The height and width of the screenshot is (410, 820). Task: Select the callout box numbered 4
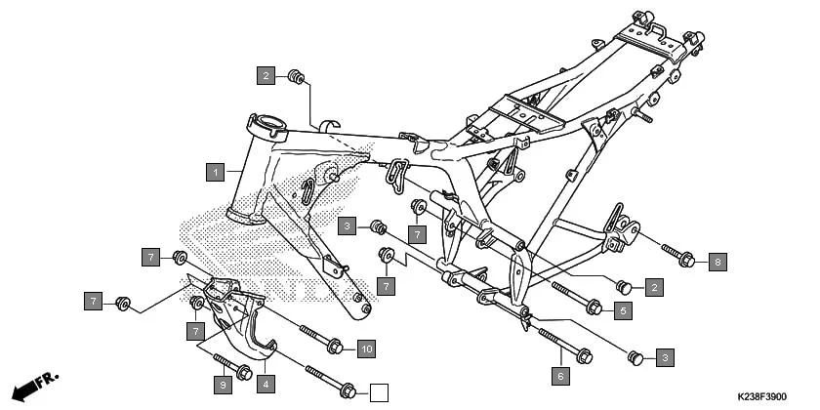click(265, 384)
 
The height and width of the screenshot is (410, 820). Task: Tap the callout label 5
click(622, 310)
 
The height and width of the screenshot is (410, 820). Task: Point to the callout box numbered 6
click(560, 375)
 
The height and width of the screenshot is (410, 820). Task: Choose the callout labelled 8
click(717, 262)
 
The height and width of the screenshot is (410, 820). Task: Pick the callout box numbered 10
click(365, 348)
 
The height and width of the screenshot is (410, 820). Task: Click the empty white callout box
click(379, 393)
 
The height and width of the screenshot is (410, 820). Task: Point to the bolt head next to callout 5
click(593, 307)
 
